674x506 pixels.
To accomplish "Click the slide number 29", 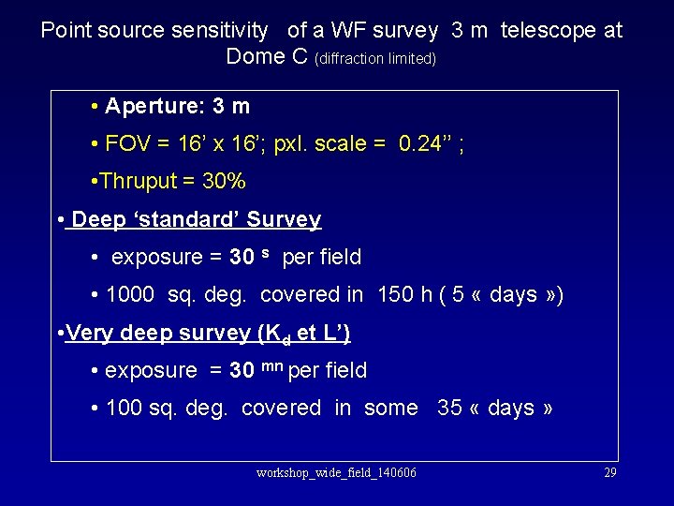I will click(609, 472).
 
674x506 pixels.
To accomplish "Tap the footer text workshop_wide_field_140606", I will click(336, 472).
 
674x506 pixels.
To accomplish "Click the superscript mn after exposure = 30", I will click(271, 367).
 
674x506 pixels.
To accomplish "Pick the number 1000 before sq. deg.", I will click(131, 294).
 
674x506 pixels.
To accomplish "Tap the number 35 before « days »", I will click(449, 408).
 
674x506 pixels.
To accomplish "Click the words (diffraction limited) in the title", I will click(376, 58).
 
